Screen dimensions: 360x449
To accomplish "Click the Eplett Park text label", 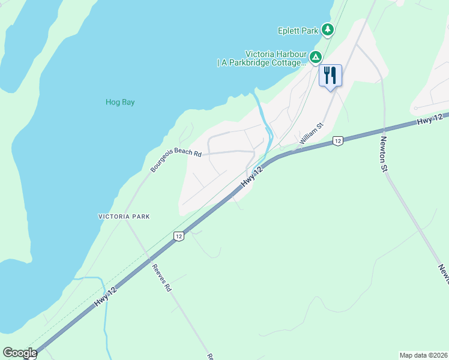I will point(297,30).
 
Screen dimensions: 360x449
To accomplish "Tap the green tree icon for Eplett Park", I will point(327,29).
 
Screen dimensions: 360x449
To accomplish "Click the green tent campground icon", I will point(315,57).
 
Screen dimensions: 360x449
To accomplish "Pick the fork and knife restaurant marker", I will point(330,75).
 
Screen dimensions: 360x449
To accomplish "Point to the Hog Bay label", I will point(120,102).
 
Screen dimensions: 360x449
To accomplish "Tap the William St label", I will point(312,134).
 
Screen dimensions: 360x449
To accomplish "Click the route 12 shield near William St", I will point(338,141).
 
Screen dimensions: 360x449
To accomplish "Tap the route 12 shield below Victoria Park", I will point(178,236).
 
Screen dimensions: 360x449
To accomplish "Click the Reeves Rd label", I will point(161,278).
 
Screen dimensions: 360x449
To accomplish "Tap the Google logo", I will point(20,353).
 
